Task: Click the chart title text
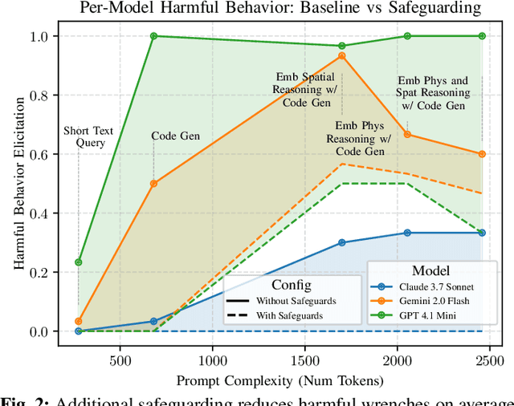pos(279,10)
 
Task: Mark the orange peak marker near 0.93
pos(342,55)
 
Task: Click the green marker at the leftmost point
pos(78,262)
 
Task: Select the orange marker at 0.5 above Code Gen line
pos(153,183)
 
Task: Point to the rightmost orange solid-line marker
pos(482,154)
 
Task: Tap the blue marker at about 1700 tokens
pos(342,242)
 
